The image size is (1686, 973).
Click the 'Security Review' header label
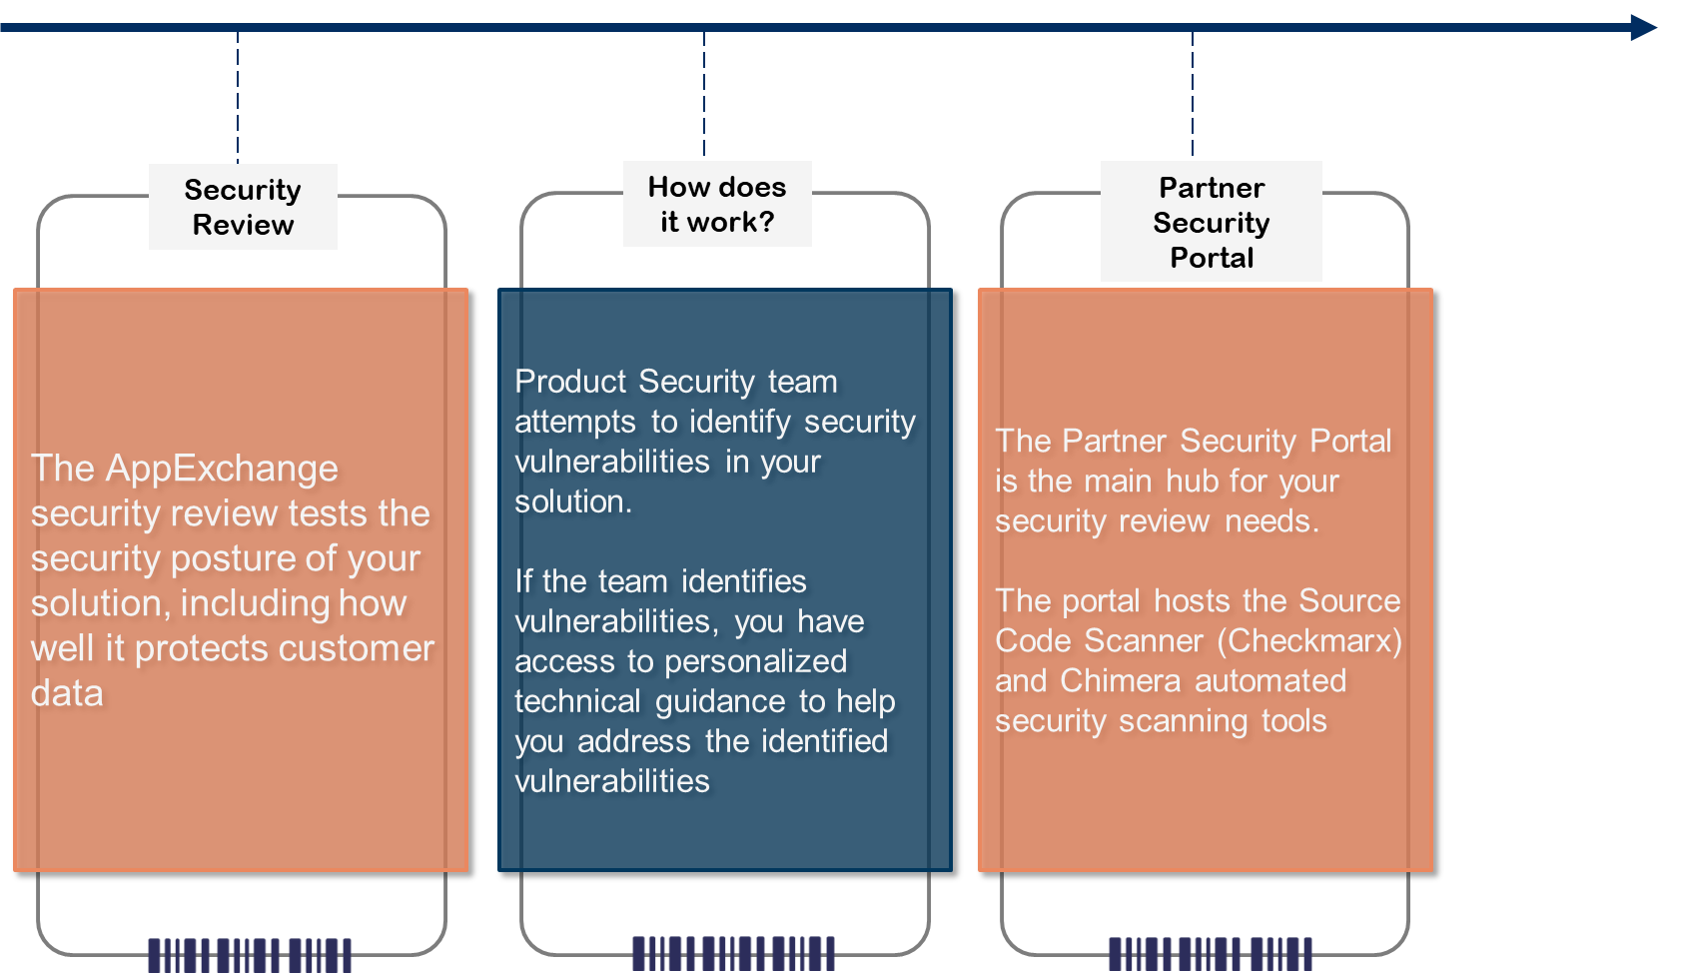pyautogui.click(x=243, y=207)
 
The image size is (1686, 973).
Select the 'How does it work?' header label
pyautogui.click(x=717, y=204)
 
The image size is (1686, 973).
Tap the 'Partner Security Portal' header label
pyautogui.click(x=1211, y=222)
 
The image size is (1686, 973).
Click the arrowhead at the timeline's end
pyautogui.click(x=1643, y=27)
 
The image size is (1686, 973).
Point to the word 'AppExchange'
pyautogui.click(x=222, y=469)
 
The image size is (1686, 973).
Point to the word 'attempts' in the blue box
pyautogui.click(x=575, y=422)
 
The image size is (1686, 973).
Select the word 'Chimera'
pyautogui.click(x=1121, y=680)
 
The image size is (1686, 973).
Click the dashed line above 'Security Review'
pyautogui.click(x=238, y=95)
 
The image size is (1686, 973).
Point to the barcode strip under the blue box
pyautogui.click(x=733, y=953)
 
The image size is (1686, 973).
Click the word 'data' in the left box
pyautogui.click(x=67, y=693)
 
